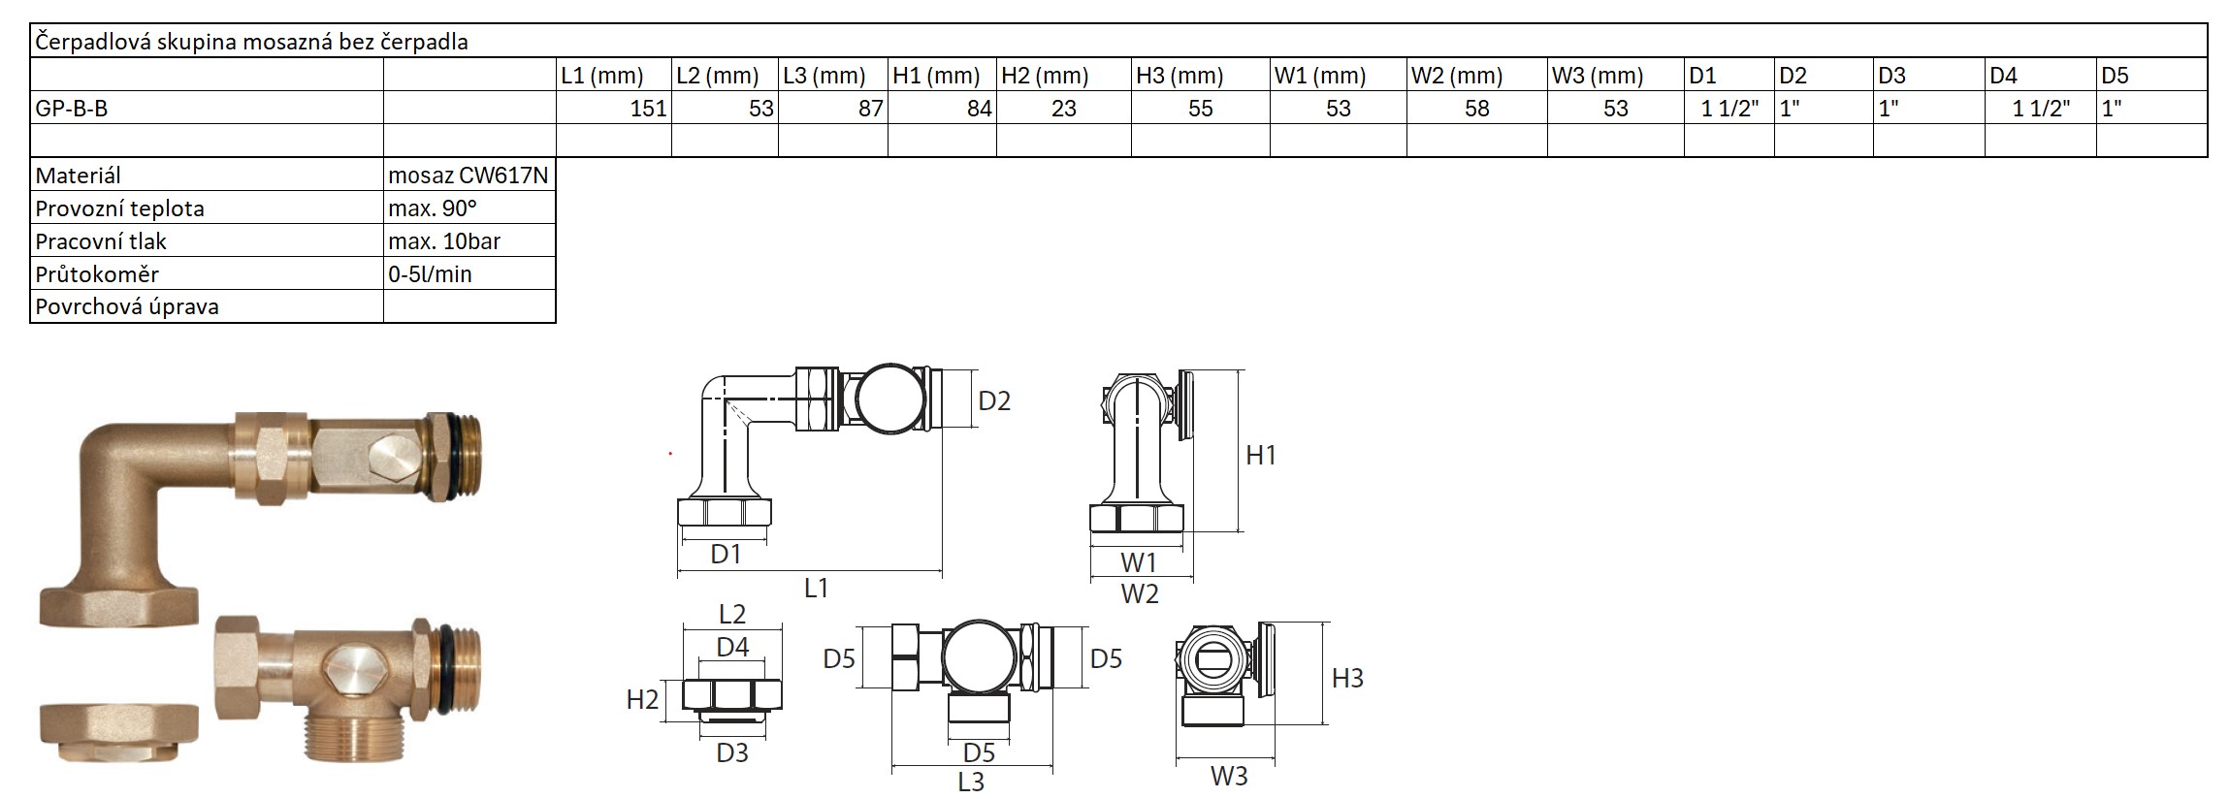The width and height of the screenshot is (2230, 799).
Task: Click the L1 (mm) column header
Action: (602, 76)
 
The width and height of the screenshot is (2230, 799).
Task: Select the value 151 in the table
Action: (648, 109)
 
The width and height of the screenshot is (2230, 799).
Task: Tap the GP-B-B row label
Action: (72, 109)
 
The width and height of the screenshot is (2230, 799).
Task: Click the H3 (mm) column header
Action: (1179, 76)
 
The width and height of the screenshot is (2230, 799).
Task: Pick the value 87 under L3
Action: (870, 109)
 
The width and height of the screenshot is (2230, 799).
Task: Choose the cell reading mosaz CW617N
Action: (468, 176)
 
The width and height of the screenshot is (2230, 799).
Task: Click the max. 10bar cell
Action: (444, 241)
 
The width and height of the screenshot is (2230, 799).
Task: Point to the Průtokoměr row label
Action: (97, 274)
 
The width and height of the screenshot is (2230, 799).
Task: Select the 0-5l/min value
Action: (430, 274)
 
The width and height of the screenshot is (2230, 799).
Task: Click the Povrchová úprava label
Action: (127, 307)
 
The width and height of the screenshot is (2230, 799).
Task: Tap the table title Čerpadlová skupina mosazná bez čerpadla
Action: (252, 43)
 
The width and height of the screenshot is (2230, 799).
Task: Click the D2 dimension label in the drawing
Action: (994, 400)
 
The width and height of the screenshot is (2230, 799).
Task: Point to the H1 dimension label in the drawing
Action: (1261, 455)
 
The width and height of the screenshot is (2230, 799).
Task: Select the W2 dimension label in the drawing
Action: (1140, 593)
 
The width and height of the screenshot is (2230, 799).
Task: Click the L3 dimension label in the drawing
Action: (970, 782)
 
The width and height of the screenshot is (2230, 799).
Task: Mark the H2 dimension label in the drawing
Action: (642, 699)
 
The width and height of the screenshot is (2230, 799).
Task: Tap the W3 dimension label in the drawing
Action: (1228, 776)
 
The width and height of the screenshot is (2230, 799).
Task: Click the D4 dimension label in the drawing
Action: (732, 646)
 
